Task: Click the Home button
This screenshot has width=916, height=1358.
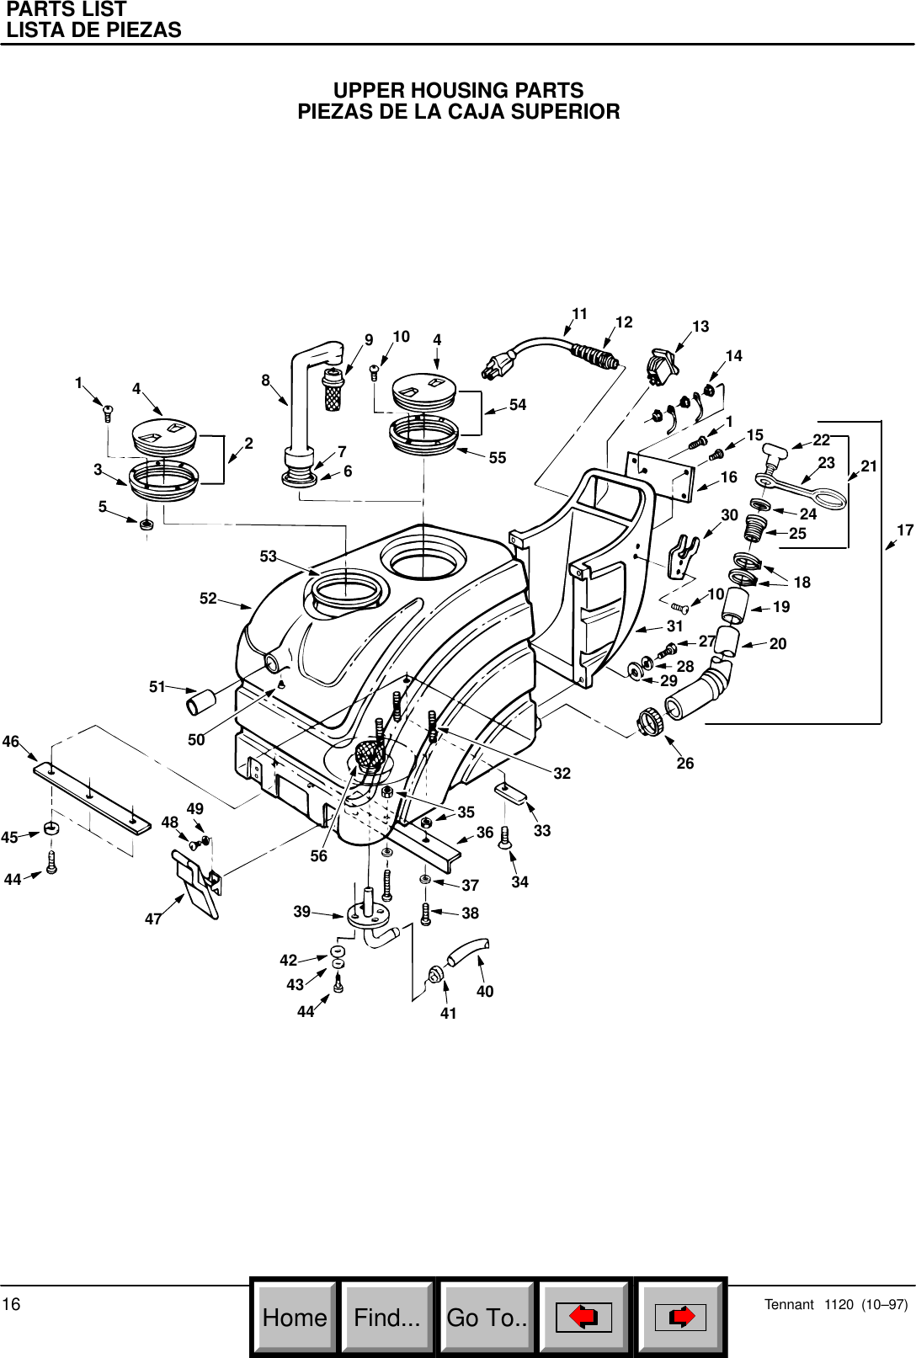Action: tap(295, 1317)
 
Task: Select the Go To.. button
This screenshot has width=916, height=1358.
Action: tap(487, 1317)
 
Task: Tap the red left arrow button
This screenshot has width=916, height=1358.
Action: tap(583, 1317)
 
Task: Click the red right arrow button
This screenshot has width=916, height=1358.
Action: tap(680, 1317)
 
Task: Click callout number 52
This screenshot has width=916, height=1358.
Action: tap(208, 599)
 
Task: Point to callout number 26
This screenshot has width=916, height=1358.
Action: tap(685, 763)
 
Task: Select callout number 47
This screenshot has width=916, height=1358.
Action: tap(152, 919)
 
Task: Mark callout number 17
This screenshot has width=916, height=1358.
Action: tap(905, 530)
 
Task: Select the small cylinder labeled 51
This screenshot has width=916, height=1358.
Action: tap(202, 701)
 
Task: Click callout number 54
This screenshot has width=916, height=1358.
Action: tap(518, 405)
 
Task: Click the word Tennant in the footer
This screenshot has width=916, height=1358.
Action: tap(789, 1305)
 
